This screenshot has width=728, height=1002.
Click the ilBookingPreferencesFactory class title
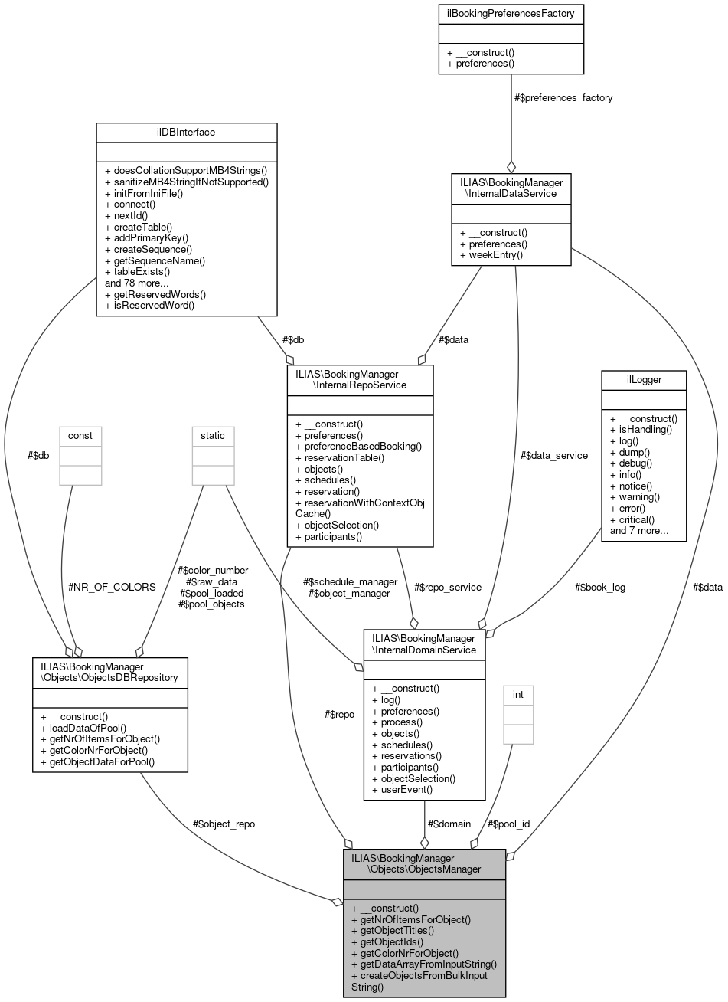511,12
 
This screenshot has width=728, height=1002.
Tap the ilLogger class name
643,377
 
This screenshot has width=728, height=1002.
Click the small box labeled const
80,435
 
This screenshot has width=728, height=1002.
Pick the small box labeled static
213,435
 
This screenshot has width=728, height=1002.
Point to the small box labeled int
518,694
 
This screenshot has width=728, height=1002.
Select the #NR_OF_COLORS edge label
113,587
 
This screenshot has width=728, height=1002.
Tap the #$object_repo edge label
224,824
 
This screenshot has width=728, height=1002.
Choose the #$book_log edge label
599,587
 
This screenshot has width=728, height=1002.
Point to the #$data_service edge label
553,455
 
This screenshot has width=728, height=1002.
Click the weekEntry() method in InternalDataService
491,254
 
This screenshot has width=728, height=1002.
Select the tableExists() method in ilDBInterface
137,271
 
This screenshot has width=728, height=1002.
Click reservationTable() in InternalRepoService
340,457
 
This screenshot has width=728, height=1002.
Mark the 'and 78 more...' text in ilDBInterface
136,283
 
